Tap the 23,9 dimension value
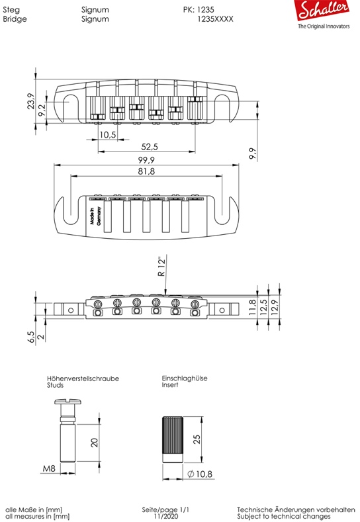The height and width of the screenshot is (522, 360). tap(30, 101)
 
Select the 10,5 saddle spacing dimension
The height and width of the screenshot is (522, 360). tap(108, 134)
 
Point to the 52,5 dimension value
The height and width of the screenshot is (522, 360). tap(150, 146)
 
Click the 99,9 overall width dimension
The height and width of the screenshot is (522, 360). tap(146, 160)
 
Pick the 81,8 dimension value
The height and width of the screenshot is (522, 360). tap(146, 171)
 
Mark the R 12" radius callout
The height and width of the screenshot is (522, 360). tap(161, 267)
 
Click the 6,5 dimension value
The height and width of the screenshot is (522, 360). tap(31, 337)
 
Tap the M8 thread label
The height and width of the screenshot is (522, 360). tap(49, 468)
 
